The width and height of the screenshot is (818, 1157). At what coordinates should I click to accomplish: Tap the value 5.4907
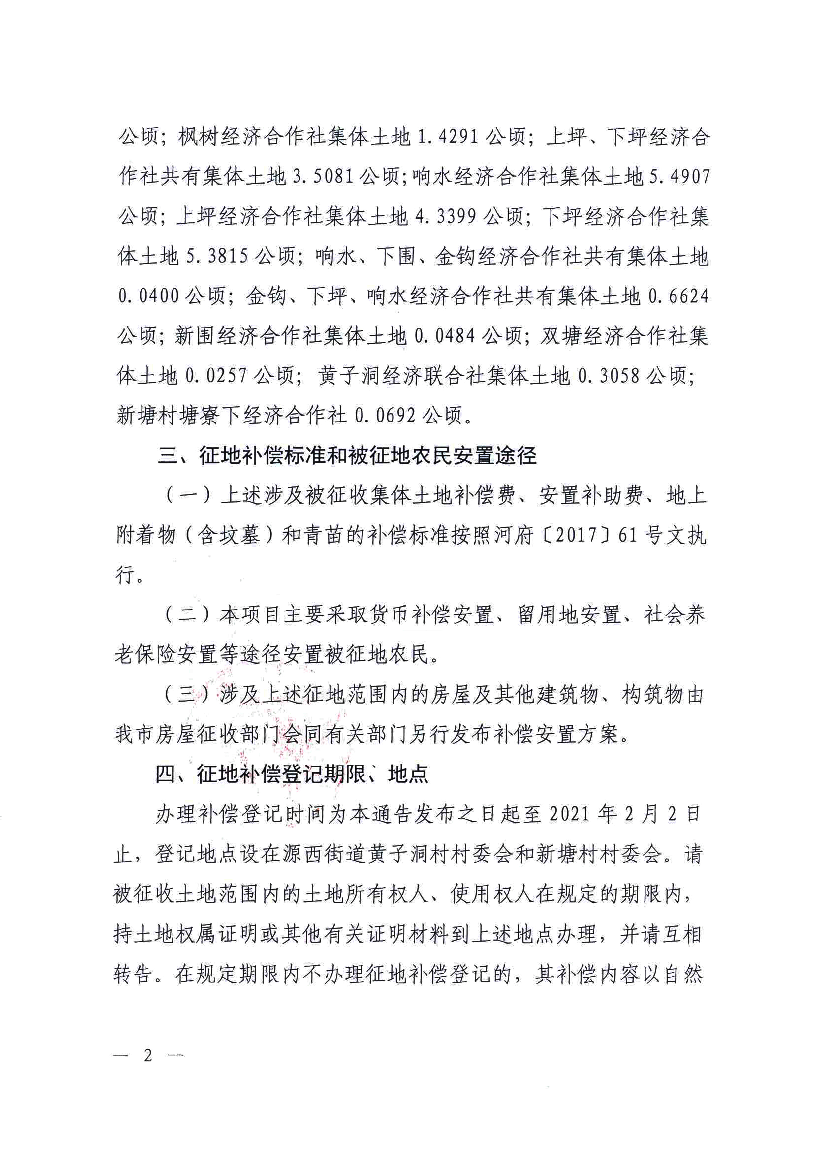[679, 177]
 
